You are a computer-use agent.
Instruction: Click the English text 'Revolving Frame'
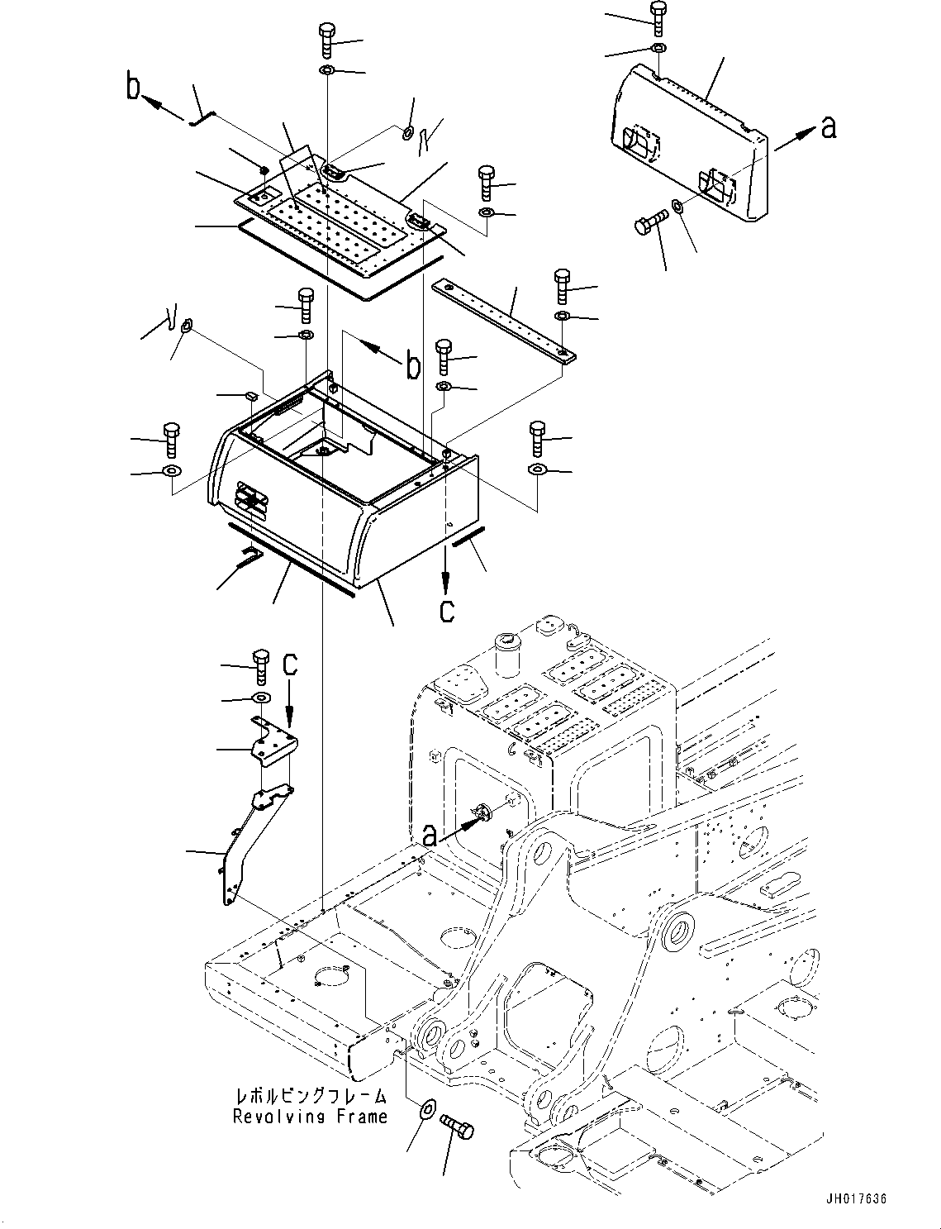click(310, 1117)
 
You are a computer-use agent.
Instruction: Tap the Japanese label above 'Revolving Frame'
click(311, 1097)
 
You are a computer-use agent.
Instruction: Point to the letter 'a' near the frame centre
click(429, 836)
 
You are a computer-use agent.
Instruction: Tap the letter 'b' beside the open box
click(412, 364)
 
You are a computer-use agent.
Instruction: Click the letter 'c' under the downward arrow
click(446, 612)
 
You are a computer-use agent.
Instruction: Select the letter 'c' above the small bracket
click(290, 663)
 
